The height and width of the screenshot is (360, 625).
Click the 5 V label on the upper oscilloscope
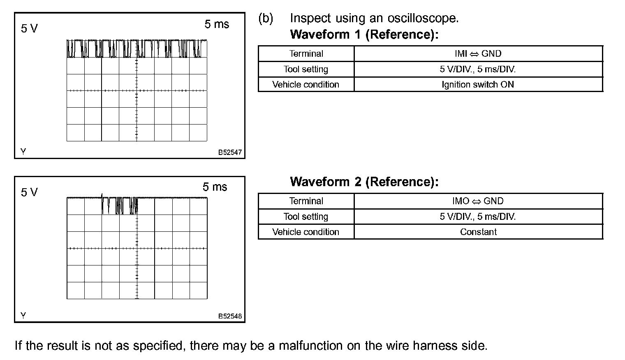pyautogui.click(x=29, y=28)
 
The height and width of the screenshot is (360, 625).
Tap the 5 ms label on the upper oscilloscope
pyautogui.click(x=217, y=25)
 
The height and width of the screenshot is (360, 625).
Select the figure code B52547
pyautogui.click(x=230, y=152)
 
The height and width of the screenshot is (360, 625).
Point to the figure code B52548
pyautogui.click(x=230, y=316)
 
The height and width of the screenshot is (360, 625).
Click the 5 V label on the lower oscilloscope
pyautogui.click(x=29, y=192)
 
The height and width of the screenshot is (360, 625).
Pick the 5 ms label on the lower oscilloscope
pyautogui.click(x=215, y=187)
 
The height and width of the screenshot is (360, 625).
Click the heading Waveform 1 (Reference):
pyautogui.click(x=364, y=35)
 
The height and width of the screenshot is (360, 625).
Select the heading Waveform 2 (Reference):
pyautogui.click(x=364, y=182)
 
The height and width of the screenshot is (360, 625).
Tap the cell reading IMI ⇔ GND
pyautogui.click(x=478, y=54)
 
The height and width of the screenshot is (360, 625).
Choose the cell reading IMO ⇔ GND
pyautogui.click(x=478, y=201)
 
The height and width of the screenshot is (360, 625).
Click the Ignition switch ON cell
pyautogui.click(x=478, y=85)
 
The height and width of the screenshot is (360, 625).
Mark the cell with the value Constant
pyautogui.click(x=478, y=232)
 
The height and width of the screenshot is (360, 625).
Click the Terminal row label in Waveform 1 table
pyautogui.click(x=306, y=54)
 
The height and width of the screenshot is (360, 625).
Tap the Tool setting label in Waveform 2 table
pyautogui.click(x=306, y=217)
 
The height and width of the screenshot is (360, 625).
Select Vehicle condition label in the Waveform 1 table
pyautogui.click(x=306, y=85)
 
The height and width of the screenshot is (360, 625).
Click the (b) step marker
pyautogui.click(x=266, y=18)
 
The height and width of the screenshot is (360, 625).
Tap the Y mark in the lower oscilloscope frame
pyautogui.click(x=23, y=316)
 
